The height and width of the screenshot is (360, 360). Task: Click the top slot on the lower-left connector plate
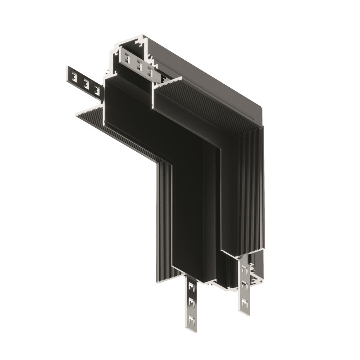192,286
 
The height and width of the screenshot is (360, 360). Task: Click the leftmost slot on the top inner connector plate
127,60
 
